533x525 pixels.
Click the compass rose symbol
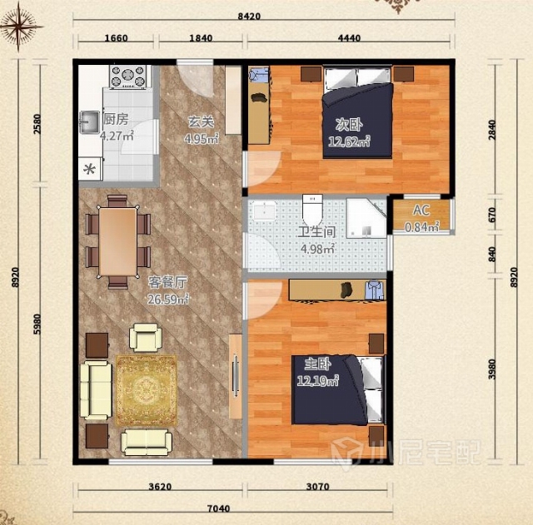point(19,27)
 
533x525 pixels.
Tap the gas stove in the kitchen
point(128,77)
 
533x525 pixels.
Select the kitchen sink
point(89,122)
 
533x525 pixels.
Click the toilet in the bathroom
point(312,208)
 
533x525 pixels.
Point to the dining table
point(117,241)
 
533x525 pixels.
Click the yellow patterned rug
point(147,390)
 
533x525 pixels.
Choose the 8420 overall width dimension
point(249,17)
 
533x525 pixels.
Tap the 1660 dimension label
point(116,37)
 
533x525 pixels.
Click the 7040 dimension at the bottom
point(218,508)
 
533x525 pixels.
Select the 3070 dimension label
point(317,487)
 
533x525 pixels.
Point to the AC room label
point(421,210)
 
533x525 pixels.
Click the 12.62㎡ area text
point(349,141)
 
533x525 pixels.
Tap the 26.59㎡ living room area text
point(168,300)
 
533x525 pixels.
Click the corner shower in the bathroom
point(366,218)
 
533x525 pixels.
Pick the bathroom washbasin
point(265,210)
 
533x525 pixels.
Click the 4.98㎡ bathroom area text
point(318,249)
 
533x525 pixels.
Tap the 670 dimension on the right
point(492,215)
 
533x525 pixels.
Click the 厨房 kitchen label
point(116,119)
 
